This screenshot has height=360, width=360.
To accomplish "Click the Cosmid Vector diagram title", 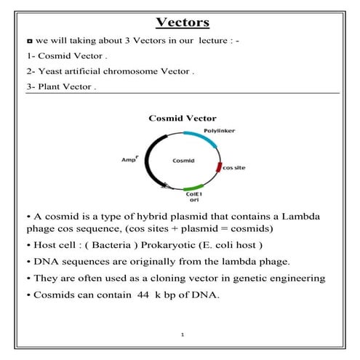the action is (x=182, y=118).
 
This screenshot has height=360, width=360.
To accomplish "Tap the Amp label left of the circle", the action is (x=128, y=158).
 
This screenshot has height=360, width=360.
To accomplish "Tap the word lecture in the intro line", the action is (x=199, y=40).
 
